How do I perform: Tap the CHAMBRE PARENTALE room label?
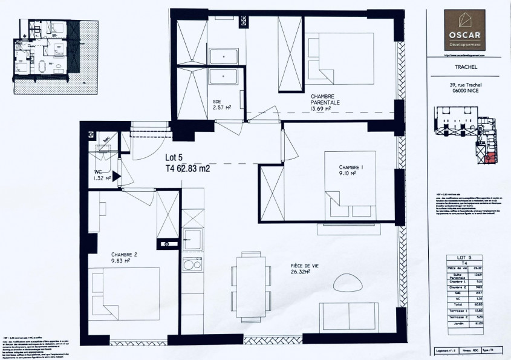pyautogui.click(x=325, y=103)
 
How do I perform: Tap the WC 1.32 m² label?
pyautogui.click(x=102, y=175)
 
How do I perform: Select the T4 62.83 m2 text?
pyautogui.click(x=187, y=169)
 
